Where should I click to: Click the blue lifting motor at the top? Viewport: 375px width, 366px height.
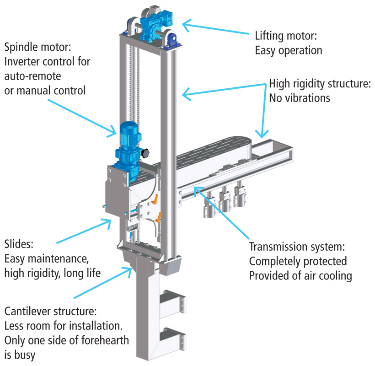tap(154, 23)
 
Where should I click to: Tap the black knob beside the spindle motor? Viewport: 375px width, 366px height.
tap(147, 152)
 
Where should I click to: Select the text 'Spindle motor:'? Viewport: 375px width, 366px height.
tap(36, 47)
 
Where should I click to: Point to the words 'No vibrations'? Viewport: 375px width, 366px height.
tap(299, 98)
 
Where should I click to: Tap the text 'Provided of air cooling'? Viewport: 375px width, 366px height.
tap(301, 276)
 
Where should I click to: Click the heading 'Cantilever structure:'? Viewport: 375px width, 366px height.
tap(50, 312)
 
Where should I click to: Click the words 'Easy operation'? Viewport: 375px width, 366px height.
tap(288, 50)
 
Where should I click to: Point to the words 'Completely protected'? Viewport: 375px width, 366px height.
tap(298, 262)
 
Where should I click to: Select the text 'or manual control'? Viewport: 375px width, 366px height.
tap(45, 91)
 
